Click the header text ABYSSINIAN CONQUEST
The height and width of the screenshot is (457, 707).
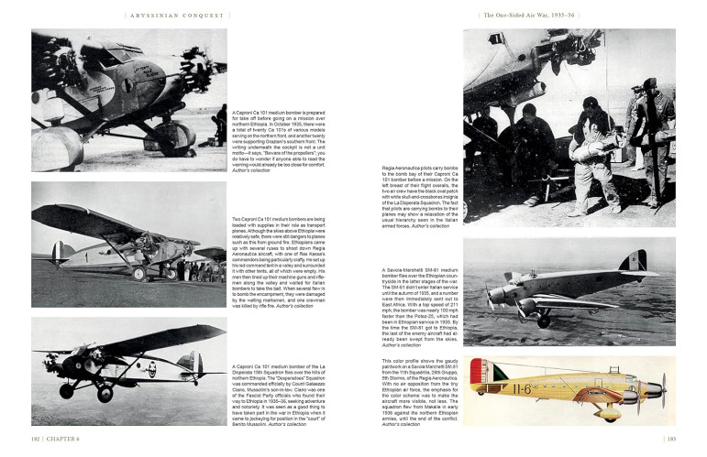pyautogui.click(x=176, y=14)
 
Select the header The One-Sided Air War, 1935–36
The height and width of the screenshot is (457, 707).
pyautogui.click(x=530, y=14)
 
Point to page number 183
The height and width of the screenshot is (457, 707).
pyautogui.click(x=671, y=439)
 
